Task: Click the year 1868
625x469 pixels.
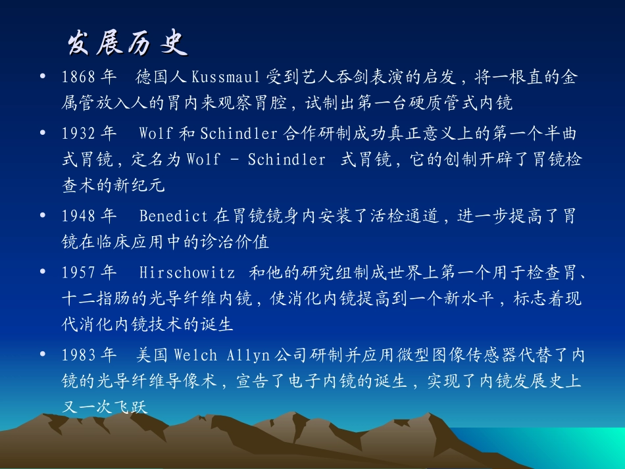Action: click(79, 78)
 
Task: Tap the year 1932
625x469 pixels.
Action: click(79, 134)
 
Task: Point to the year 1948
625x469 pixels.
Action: click(79, 216)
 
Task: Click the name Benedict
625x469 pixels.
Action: click(174, 216)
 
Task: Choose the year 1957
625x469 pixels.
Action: click(79, 272)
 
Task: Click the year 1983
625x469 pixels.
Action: click(79, 355)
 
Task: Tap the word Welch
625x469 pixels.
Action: click(195, 355)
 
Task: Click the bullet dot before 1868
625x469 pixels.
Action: click(43, 77)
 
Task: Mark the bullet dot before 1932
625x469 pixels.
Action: click(43, 133)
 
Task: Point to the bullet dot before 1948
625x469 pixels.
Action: click(43, 215)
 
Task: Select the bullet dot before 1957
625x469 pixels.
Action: click(43, 272)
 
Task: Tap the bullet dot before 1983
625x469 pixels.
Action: click(43, 355)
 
